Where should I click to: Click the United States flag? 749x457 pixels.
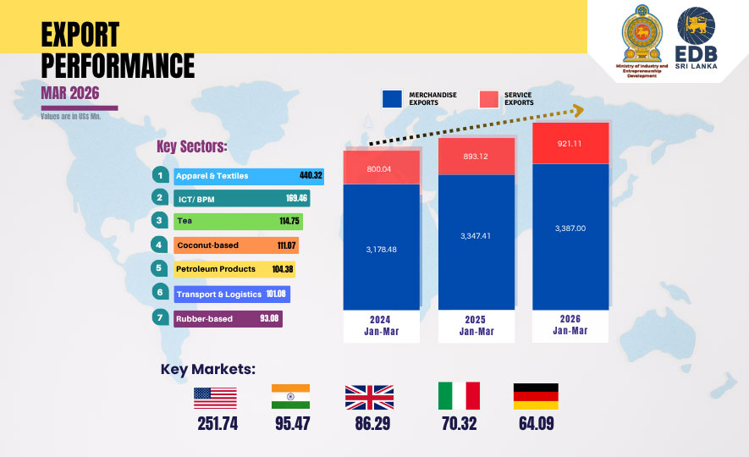(x=215, y=397)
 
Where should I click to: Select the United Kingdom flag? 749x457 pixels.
(x=369, y=397)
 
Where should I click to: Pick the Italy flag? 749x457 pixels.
(x=459, y=396)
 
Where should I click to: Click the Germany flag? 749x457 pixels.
(x=536, y=396)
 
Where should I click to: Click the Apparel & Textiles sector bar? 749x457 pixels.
(x=237, y=176)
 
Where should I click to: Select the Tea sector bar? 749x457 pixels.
(x=237, y=221)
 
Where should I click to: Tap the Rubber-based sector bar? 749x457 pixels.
(x=227, y=318)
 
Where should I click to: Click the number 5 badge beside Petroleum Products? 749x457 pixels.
(x=159, y=269)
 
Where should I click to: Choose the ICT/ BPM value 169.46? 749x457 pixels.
(x=297, y=199)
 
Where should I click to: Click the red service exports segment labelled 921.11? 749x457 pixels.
(x=570, y=144)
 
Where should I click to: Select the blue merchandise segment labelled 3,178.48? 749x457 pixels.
(x=381, y=249)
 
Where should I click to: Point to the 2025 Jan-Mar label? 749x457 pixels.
(x=476, y=326)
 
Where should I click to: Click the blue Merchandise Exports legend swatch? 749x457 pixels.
(x=392, y=98)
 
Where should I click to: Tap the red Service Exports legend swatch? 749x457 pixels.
(x=488, y=98)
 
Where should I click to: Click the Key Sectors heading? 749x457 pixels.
(x=191, y=146)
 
